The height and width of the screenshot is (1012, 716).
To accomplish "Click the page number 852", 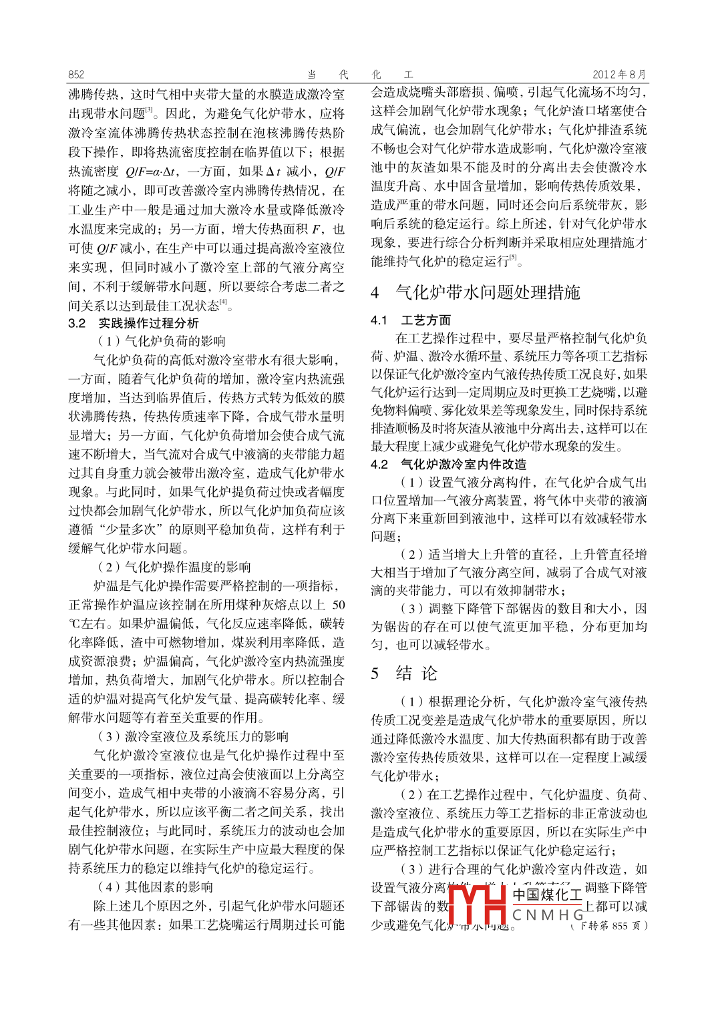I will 76,75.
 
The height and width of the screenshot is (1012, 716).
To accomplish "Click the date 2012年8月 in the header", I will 619,75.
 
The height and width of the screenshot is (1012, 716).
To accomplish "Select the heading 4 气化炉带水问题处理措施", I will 476,292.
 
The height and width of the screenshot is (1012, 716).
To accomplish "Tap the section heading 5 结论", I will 405,673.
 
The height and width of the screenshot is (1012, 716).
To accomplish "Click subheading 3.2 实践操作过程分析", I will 134,323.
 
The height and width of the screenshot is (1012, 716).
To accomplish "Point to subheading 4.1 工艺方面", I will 411,320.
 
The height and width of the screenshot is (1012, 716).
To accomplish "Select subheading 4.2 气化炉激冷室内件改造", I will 449,464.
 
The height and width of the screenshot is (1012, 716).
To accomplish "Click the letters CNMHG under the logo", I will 548,915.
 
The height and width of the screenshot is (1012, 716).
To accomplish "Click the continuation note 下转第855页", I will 610,926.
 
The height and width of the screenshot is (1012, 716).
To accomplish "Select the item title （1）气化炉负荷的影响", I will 161,341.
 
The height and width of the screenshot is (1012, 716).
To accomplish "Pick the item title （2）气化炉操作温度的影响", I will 174,567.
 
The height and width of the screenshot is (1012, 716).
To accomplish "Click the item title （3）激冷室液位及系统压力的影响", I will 192,736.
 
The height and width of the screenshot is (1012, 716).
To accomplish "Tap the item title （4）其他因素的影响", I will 155,887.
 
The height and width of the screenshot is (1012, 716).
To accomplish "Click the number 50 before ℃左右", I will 339,605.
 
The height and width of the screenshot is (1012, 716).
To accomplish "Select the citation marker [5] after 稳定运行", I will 514,258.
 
